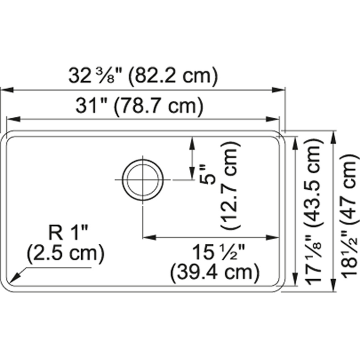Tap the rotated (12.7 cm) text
[x=230, y=186]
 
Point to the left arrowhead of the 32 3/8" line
[x=4, y=90]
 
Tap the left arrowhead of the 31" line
[x=9, y=119]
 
